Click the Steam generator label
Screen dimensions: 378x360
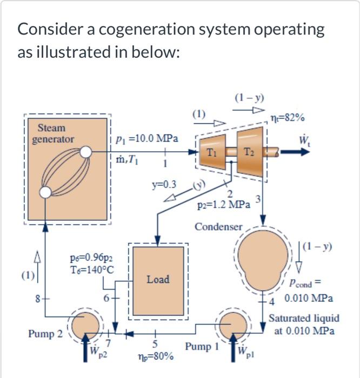click(x=52, y=133)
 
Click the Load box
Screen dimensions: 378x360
click(x=158, y=279)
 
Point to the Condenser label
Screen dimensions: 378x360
click(x=219, y=226)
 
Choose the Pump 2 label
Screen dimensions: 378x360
click(x=44, y=334)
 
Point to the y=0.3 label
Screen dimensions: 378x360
click(x=163, y=185)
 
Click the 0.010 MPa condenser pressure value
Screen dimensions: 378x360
click(x=309, y=298)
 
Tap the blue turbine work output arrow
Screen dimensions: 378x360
click(x=295, y=153)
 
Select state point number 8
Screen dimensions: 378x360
click(x=37, y=296)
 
